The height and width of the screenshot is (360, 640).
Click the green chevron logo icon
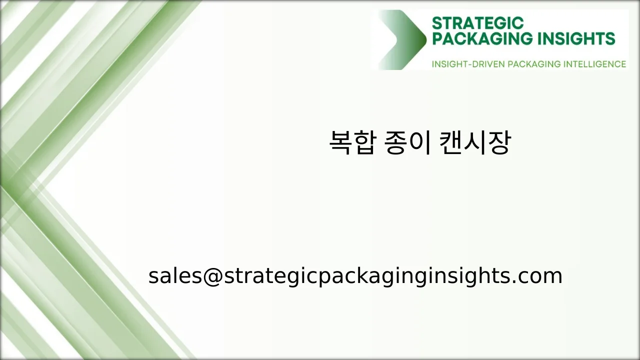tap(402, 39)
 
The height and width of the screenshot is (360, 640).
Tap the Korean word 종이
tap(407, 143)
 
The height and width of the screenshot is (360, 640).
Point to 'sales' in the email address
tap(173, 276)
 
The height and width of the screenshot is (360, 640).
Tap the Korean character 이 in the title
tap(419, 143)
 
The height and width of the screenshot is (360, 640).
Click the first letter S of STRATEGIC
tap(436, 23)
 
